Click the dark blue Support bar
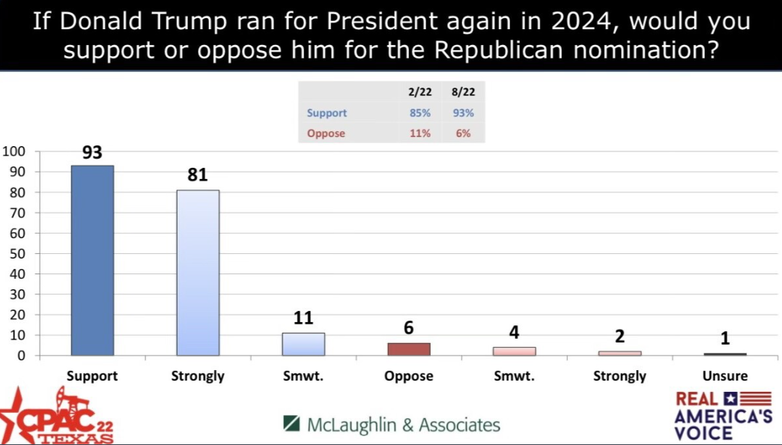coord(92,260)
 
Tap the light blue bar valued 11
coord(303,344)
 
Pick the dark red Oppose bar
coord(409,349)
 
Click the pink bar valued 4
coord(514,351)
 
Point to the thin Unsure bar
coord(725,354)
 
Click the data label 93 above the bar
coord(92,153)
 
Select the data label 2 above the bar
coord(619,336)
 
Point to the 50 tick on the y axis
coord(17,253)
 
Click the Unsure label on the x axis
coord(725,376)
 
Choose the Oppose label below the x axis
coord(409,376)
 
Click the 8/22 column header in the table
coord(463,92)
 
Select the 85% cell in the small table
coord(419,113)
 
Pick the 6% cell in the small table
coord(463,133)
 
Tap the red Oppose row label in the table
coord(327,133)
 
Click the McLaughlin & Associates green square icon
coord(292,424)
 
